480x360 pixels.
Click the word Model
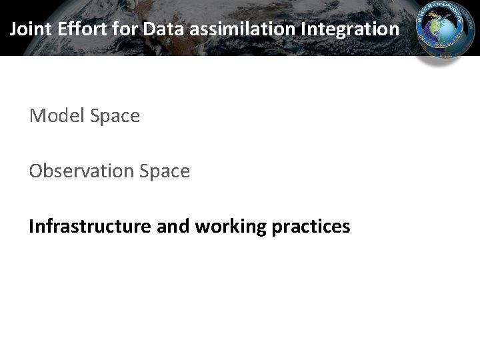[x=57, y=116]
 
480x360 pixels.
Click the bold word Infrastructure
[x=90, y=227]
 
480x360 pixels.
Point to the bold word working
[x=231, y=227]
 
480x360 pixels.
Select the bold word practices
[x=311, y=227]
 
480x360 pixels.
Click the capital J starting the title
[x=14, y=29]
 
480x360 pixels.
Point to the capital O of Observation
[x=36, y=171]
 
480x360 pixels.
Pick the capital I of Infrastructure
[x=31, y=227]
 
